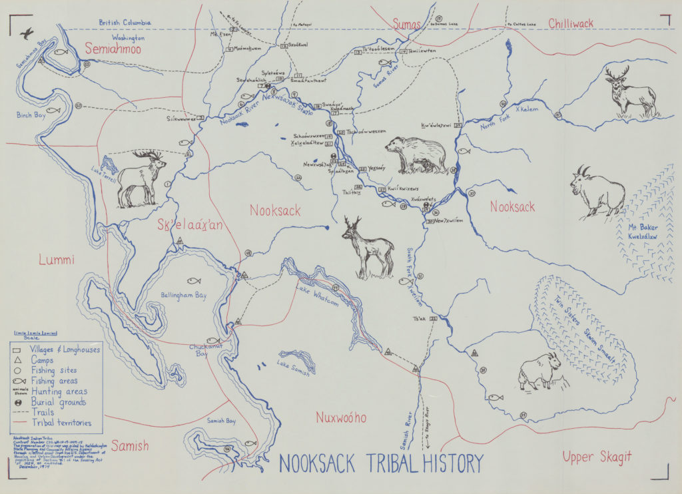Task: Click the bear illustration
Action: (416, 154)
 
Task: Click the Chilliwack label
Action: (571, 24)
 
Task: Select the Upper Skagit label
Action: (596, 457)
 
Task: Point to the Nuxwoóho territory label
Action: (340, 417)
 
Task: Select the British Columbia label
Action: (125, 22)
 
